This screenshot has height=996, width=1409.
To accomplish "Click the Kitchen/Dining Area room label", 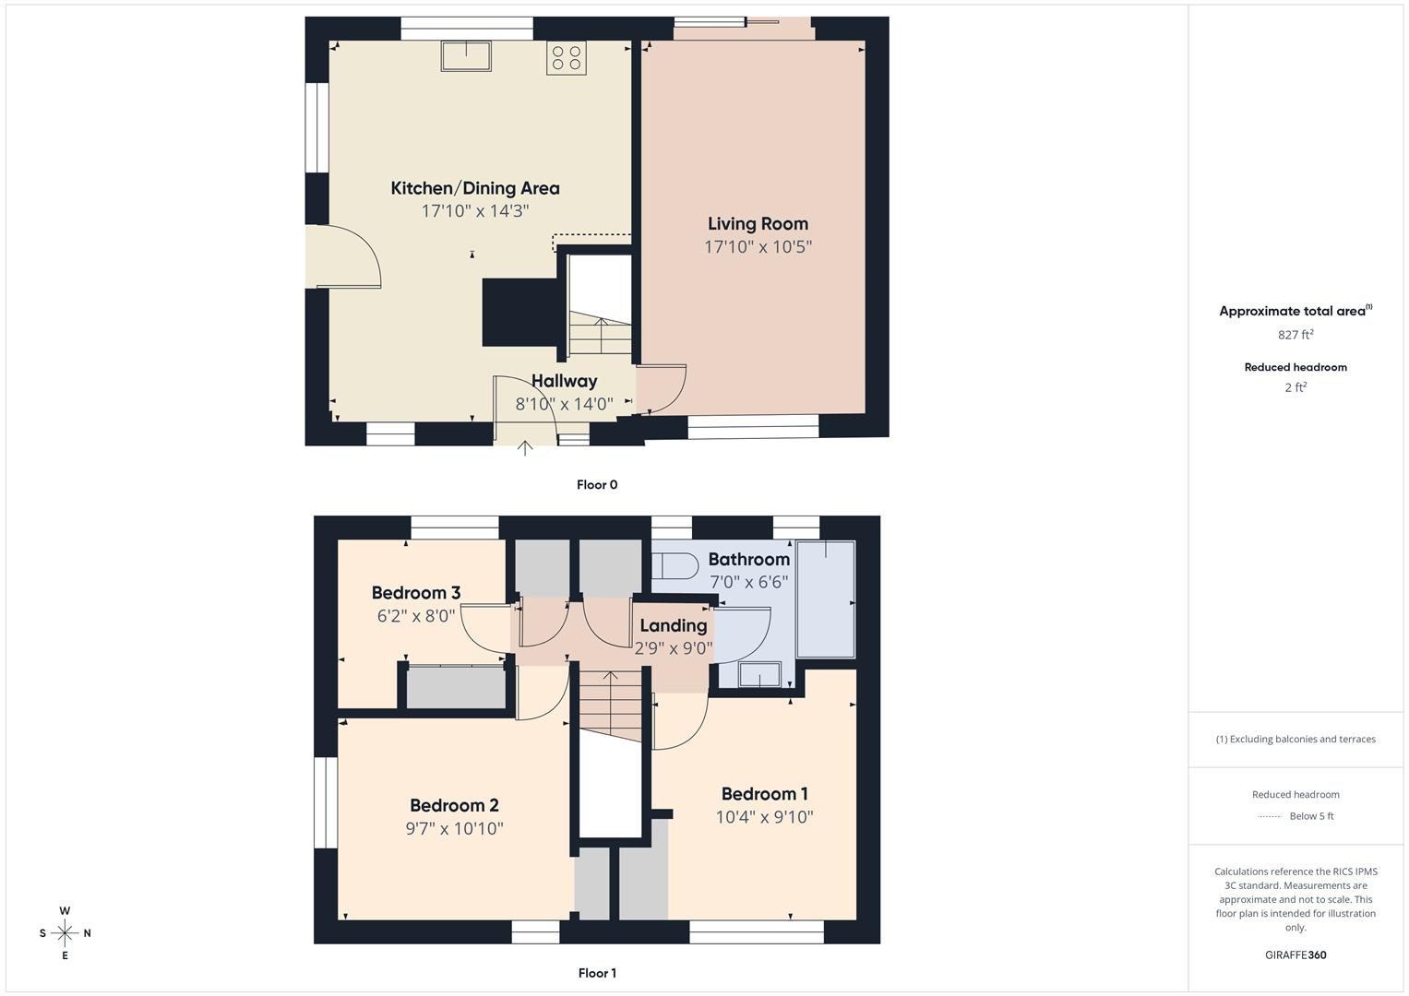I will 474,188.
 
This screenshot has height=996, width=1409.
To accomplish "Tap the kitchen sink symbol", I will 466,56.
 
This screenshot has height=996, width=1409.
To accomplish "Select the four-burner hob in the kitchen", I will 566,58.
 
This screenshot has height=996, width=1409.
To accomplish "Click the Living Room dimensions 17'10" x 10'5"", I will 758,247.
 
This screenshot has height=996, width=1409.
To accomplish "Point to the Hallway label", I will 564,381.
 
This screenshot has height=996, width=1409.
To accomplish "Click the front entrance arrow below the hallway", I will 524,449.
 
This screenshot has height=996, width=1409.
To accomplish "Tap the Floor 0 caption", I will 597,485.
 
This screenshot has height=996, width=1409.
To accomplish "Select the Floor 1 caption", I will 597,973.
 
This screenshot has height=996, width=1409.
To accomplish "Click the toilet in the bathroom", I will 675,565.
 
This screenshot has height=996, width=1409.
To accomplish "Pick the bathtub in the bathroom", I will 826,599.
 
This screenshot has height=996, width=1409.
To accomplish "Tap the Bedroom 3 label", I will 415,593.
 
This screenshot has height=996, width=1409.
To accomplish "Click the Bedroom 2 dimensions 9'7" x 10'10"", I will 454,829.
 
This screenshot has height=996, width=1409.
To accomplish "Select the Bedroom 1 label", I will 764,794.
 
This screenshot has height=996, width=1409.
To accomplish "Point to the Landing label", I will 673,625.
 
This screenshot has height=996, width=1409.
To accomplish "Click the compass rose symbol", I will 65,933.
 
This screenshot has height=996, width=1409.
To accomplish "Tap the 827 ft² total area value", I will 1296,335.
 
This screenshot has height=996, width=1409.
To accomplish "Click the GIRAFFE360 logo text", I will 1296,955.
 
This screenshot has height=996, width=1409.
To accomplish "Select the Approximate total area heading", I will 1294,312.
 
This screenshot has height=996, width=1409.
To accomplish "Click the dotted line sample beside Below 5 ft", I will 1270,816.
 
